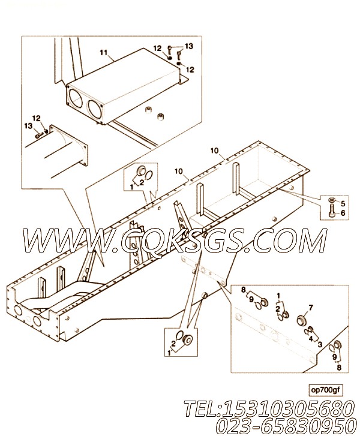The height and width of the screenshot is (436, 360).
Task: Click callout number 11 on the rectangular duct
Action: coord(103,53)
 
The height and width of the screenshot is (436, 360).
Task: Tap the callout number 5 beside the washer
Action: coord(343,203)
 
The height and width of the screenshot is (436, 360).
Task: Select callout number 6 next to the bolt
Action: coord(343,213)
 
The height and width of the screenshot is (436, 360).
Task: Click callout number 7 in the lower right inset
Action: coord(311,308)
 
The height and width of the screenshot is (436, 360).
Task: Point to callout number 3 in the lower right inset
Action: coord(320,344)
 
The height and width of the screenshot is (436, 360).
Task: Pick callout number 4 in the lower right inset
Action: coord(310,338)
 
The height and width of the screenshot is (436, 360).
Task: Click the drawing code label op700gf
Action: coord(325,390)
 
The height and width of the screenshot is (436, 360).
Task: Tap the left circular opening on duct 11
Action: coord(74,97)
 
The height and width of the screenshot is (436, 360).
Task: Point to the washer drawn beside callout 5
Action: coord(332,200)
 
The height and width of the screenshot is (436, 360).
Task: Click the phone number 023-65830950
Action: coord(286,425)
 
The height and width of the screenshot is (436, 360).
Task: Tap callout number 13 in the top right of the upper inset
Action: coord(189,46)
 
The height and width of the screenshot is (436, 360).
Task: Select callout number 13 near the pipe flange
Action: coord(28,126)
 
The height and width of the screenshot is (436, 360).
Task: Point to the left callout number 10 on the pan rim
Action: coord(179,172)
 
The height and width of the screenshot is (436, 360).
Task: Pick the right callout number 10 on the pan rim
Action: coord(214,151)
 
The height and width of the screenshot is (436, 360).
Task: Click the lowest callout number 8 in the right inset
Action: coord(339,368)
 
